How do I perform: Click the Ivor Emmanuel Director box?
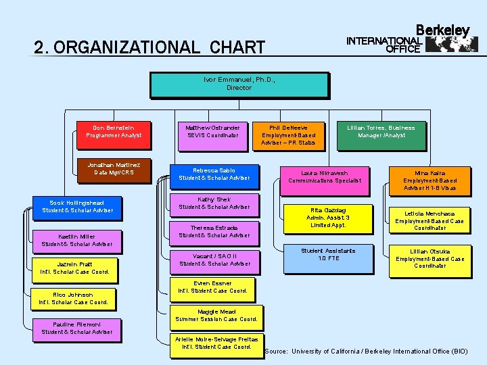coord(239,84)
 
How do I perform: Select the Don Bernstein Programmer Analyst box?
coord(114,132)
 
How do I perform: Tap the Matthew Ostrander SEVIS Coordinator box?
coord(212,132)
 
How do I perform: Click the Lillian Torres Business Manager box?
coord(381,132)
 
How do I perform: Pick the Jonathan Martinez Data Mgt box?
coord(114,169)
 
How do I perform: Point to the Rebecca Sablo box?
coord(214,174)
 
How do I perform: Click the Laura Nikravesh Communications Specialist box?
coord(325,177)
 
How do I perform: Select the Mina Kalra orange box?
coord(430,180)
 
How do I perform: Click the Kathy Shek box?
coord(214,203)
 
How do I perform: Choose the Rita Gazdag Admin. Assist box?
coord(328,218)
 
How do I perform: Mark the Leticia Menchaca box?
coord(430,221)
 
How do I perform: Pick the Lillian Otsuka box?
coord(430,259)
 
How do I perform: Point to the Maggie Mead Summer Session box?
coord(216,316)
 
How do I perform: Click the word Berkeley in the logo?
coord(442,30)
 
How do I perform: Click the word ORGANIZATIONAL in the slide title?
coord(125,48)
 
